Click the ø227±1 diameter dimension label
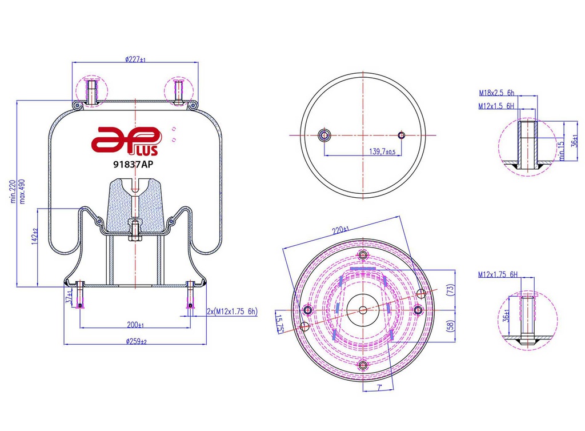pos(135,59)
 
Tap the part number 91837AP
pos(133,164)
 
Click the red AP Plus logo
pos(126,141)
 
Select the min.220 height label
pos(13,191)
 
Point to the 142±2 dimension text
pos(35,237)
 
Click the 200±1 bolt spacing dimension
pos(135,325)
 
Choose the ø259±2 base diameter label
pos(136,341)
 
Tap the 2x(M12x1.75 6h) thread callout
pos(232,311)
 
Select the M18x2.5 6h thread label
pos(496,93)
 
